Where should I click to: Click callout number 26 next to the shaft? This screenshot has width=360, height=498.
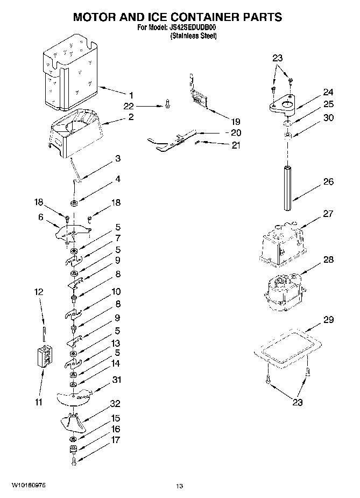328,182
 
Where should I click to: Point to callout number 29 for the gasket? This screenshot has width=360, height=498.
327,320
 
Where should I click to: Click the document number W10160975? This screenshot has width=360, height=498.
27,485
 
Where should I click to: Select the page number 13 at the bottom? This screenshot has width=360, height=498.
180,487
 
